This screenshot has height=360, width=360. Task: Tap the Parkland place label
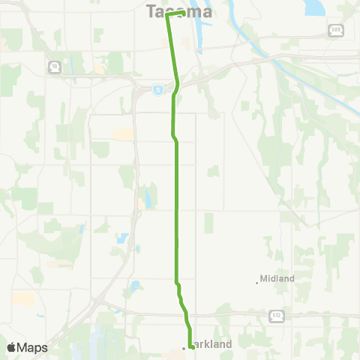point(212,344)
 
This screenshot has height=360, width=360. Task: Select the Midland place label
point(278,278)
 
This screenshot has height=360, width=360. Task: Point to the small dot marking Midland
point(256,283)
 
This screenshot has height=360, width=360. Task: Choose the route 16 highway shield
point(54,67)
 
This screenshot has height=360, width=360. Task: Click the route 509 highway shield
point(335,29)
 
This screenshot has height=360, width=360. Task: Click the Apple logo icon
point(12,347)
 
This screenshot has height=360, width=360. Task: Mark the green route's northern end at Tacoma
point(184,13)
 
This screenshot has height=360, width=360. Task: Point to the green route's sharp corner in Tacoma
point(166,16)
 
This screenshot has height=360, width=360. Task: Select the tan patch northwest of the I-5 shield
point(100,70)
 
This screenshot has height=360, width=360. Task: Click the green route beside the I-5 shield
point(175,89)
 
